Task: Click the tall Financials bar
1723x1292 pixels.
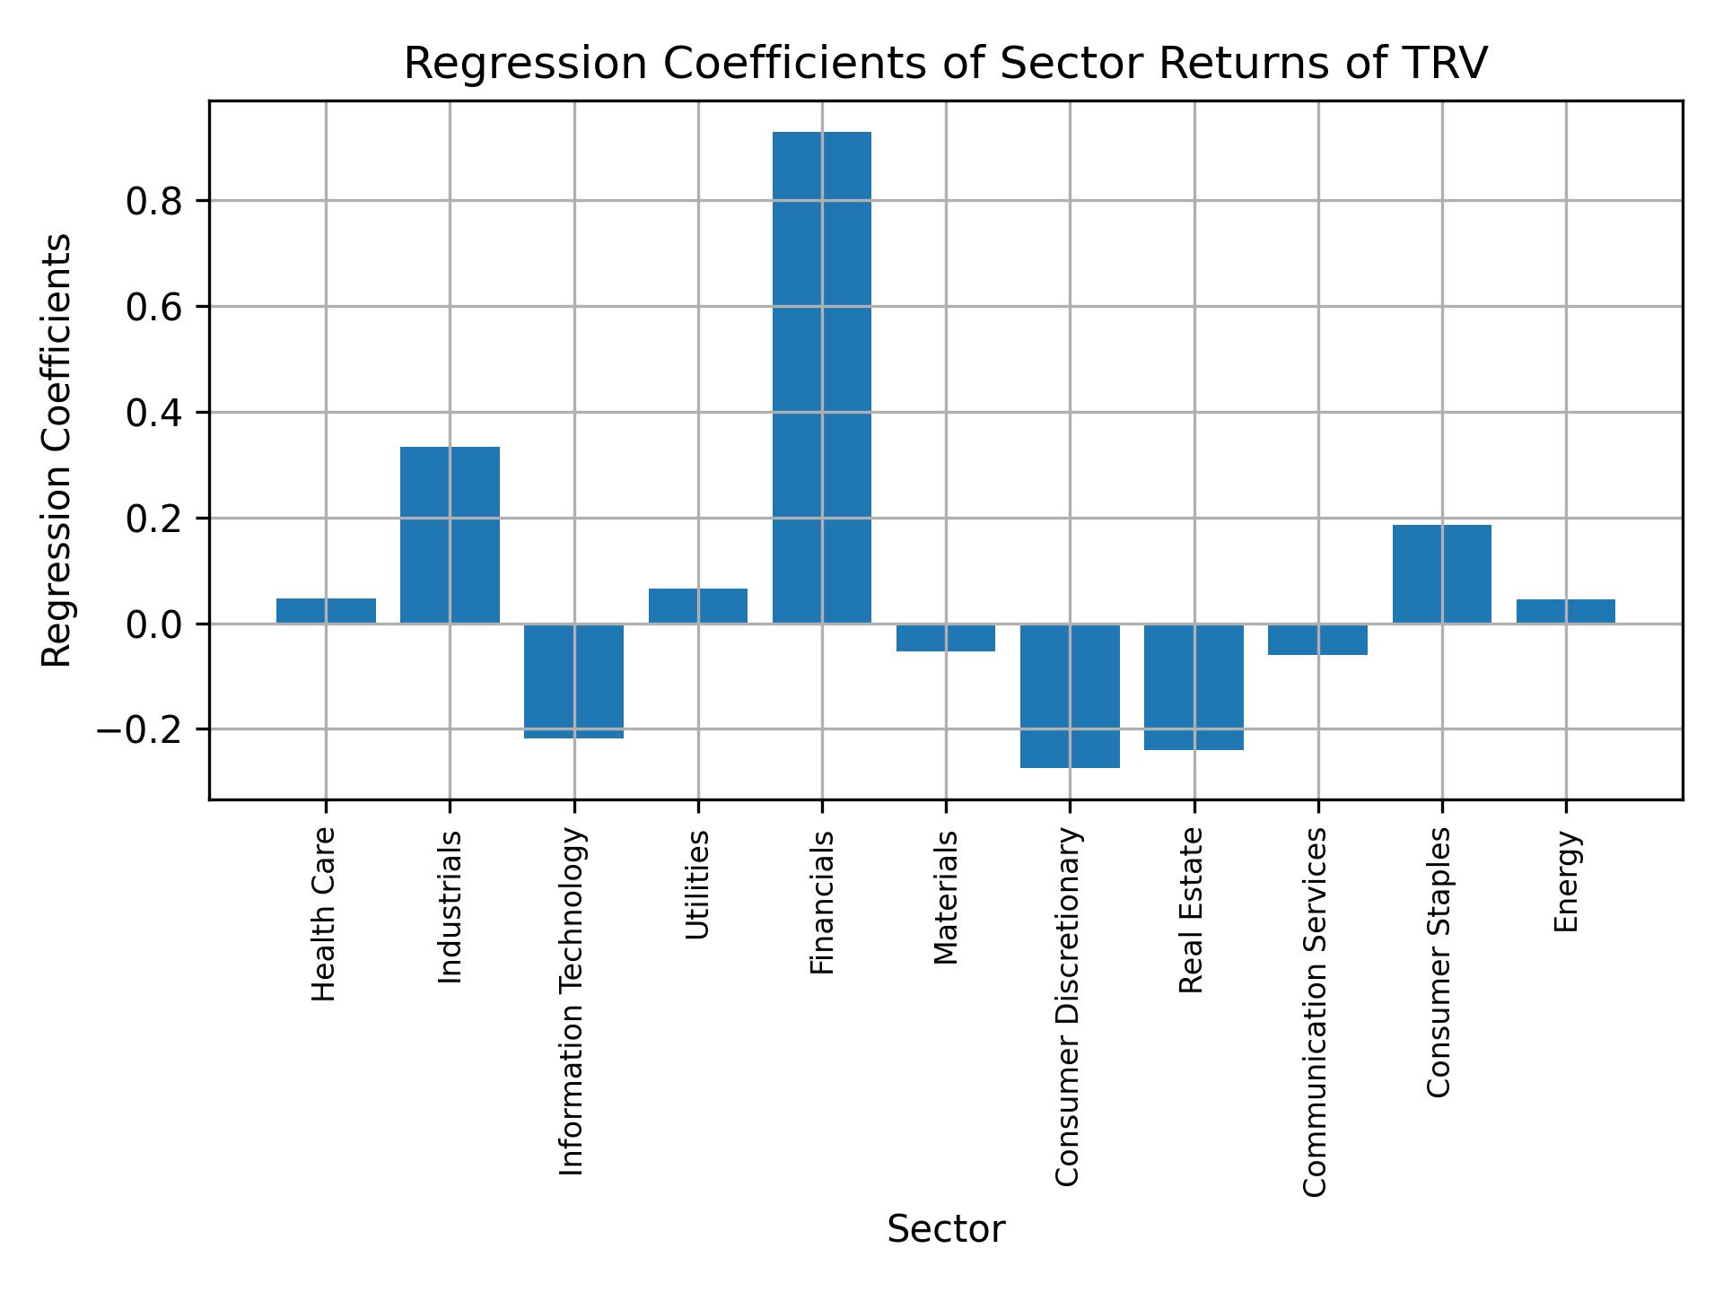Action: click(x=821, y=377)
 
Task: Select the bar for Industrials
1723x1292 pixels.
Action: click(x=450, y=535)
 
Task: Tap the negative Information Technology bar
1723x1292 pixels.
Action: click(x=573, y=681)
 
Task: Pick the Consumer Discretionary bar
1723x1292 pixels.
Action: click(x=1070, y=695)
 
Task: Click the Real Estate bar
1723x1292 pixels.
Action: click(x=1194, y=686)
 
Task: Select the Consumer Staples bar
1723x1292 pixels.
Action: click(x=1441, y=574)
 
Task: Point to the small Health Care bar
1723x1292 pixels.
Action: click(x=326, y=611)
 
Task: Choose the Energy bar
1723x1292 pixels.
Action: click(x=1565, y=611)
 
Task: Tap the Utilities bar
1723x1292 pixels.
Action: click(x=697, y=606)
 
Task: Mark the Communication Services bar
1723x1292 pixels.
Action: click(x=1317, y=639)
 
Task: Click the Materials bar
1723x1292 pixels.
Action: click(x=946, y=637)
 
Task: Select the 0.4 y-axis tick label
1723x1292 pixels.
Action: click(x=154, y=413)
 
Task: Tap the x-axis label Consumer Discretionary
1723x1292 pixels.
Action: click(x=1067, y=1007)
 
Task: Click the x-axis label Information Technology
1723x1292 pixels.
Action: click(x=572, y=1001)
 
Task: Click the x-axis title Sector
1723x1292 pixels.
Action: click(x=946, y=1230)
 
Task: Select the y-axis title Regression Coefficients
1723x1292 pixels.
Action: click(x=57, y=450)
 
